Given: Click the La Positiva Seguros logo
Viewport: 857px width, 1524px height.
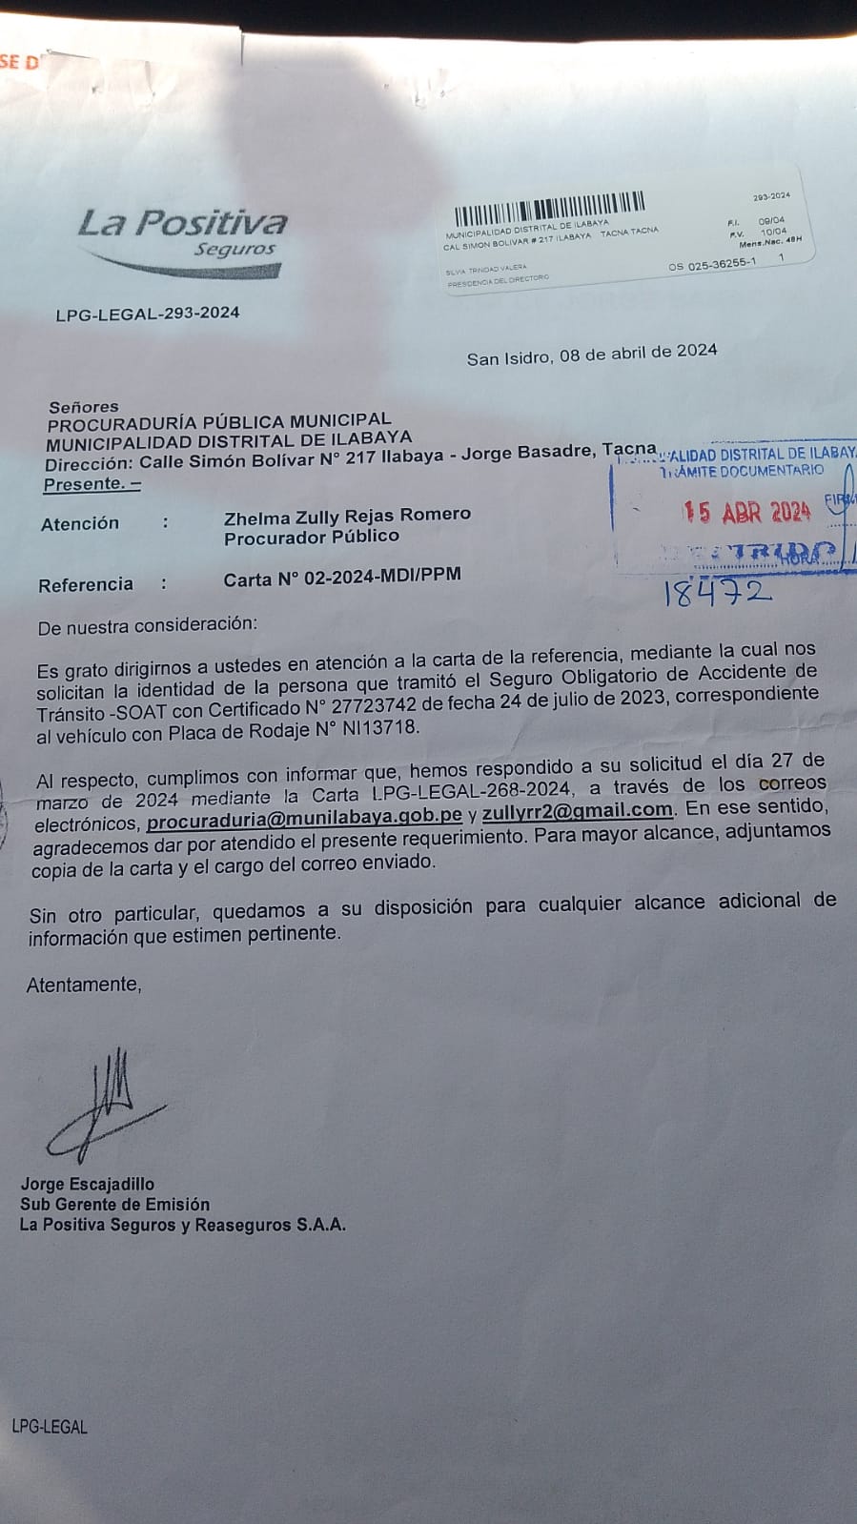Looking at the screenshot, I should [x=181, y=238].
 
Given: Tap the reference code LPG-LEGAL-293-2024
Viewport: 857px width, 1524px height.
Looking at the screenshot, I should [x=148, y=313].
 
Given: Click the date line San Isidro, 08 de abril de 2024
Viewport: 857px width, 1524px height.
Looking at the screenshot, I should [x=591, y=355].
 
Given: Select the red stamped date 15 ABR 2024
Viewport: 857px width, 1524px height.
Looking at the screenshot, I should [x=745, y=512].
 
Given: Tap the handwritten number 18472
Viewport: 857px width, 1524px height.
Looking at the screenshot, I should [x=716, y=593].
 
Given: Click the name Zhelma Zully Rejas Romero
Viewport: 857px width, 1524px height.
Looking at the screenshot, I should [x=347, y=516].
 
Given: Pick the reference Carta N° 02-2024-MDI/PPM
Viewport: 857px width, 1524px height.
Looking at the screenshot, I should [x=342, y=577].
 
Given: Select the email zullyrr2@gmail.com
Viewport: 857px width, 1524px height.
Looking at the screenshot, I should [x=578, y=811].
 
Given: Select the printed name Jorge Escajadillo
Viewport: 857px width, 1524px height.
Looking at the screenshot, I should [x=88, y=1184].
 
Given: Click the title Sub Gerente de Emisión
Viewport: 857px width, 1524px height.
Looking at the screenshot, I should [x=114, y=1204].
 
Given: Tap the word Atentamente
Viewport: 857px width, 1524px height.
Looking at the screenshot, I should [x=84, y=985].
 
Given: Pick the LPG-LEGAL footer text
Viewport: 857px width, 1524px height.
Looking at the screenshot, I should [x=50, y=1427].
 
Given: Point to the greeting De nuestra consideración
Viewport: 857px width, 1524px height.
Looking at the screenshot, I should [x=147, y=626].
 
